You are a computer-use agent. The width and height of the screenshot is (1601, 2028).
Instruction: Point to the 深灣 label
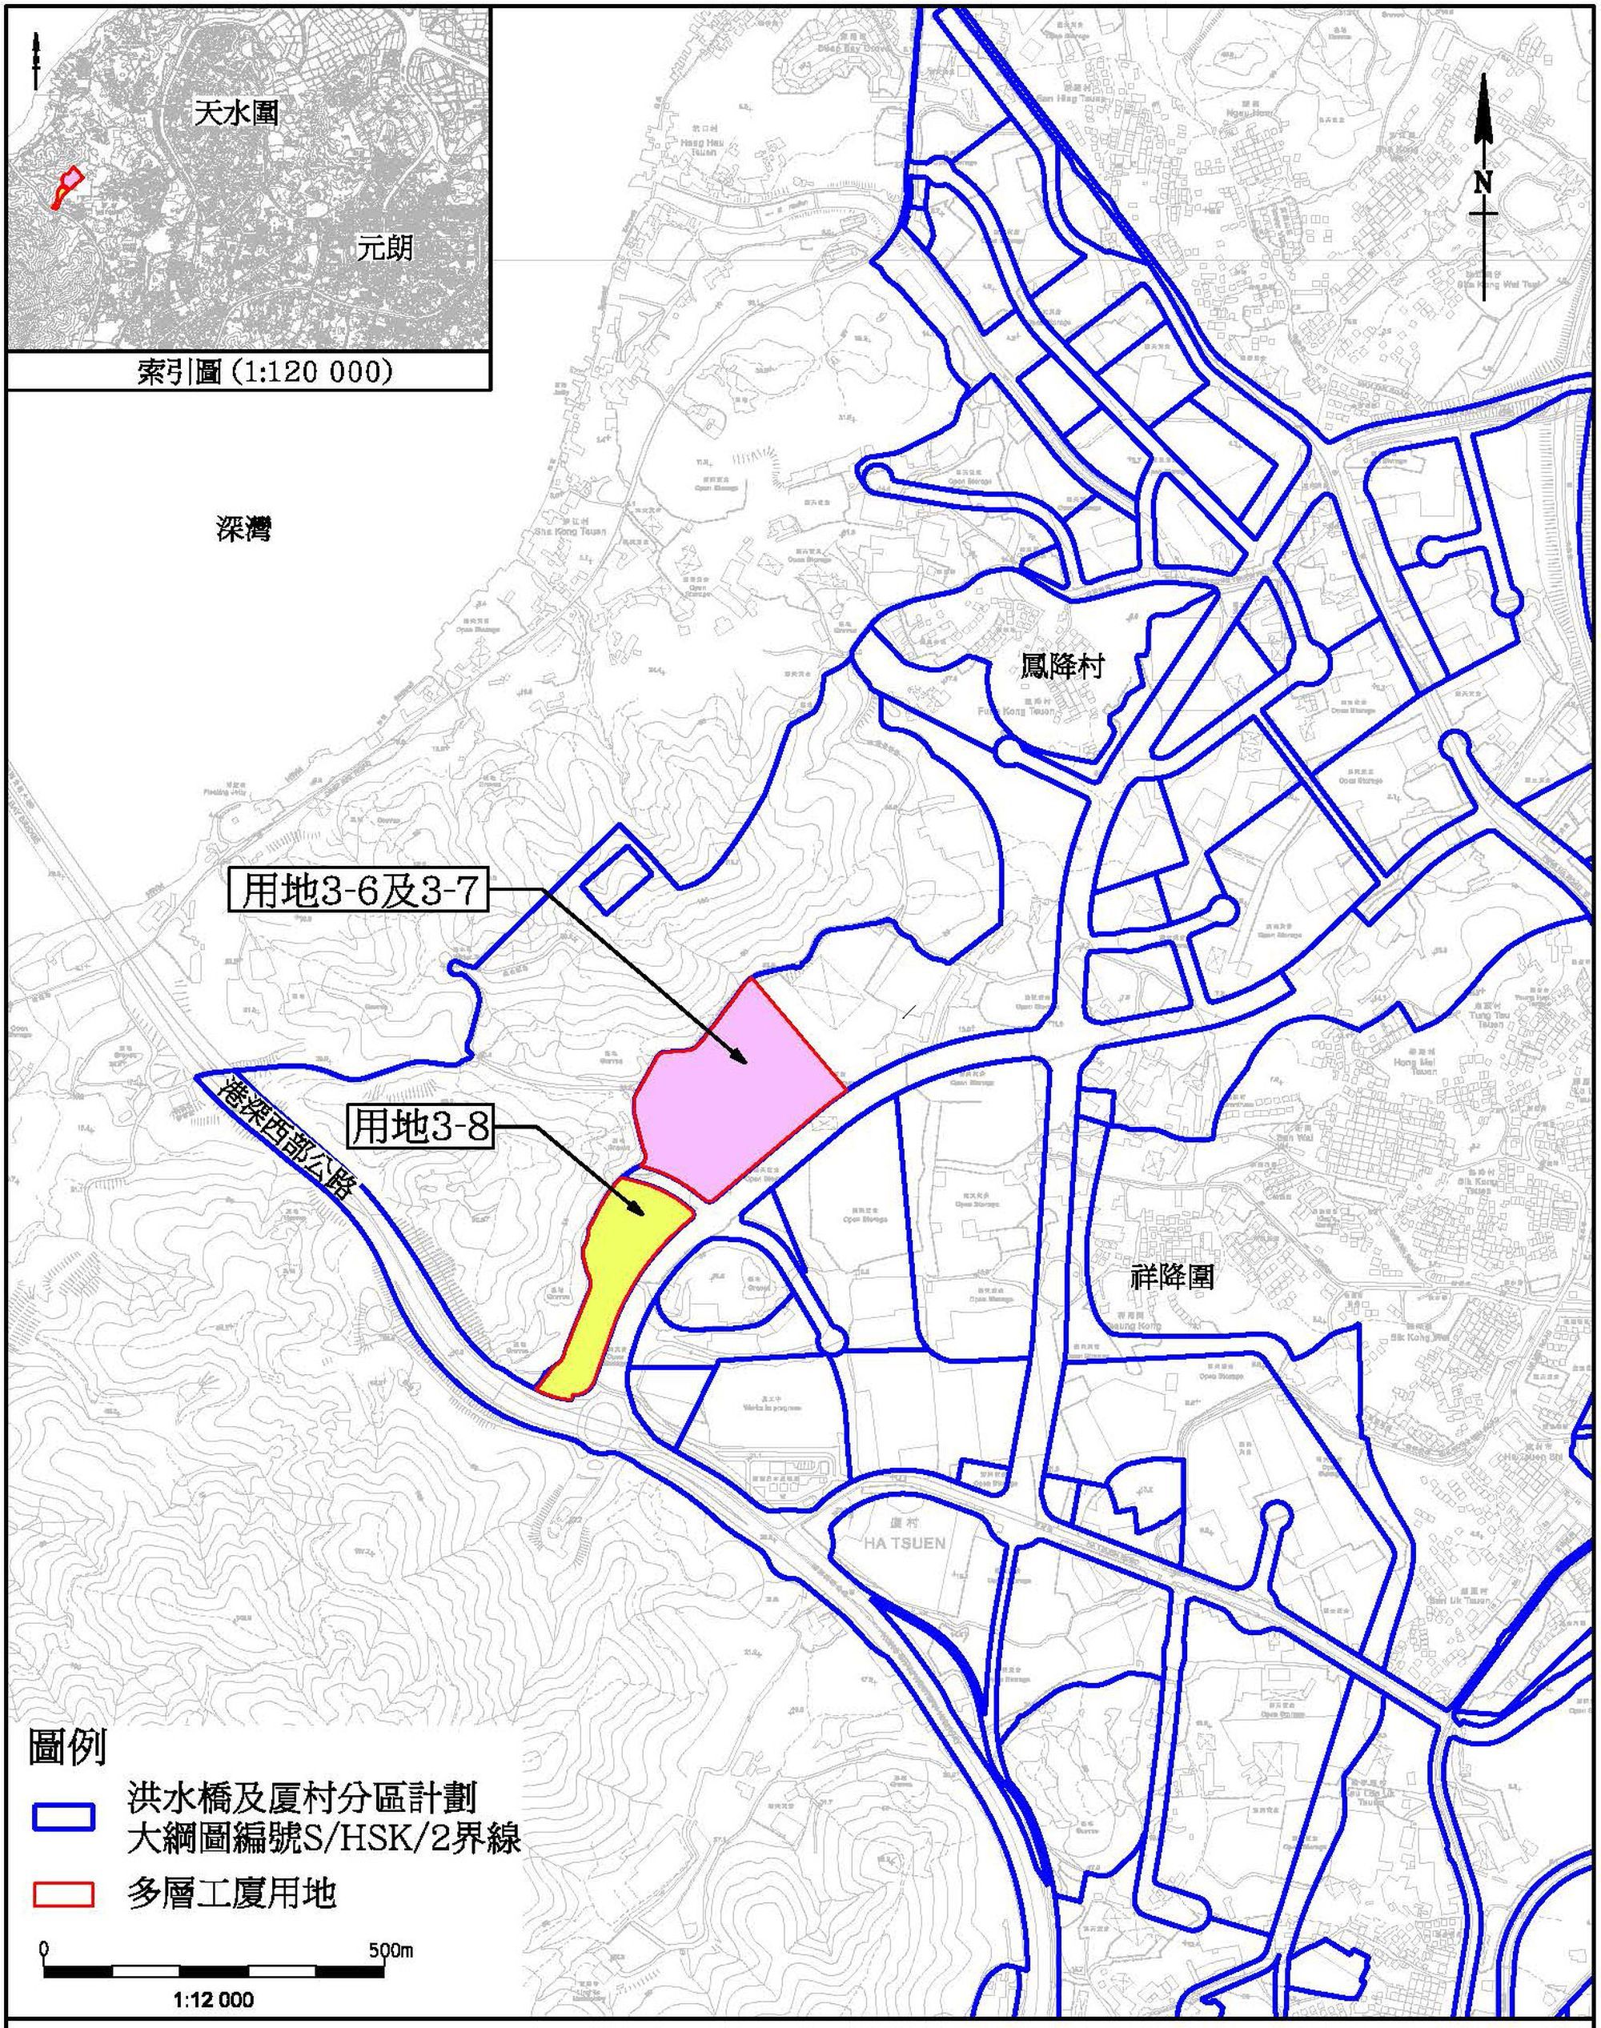coord(243,531)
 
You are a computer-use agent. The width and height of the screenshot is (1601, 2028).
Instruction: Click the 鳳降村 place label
coord(1062,667)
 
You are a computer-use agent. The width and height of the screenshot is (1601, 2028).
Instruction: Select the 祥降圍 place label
coord(1172,1277)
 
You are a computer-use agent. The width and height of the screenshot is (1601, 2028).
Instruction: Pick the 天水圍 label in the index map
coord(236,114)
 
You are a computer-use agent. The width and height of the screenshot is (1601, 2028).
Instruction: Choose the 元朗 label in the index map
coord(384,248)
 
